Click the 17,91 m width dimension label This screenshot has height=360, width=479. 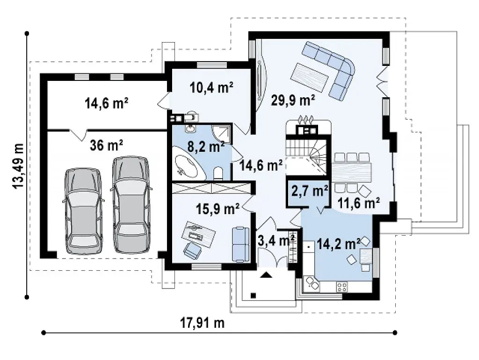point(202,323)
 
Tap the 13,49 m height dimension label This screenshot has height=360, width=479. point(18,166)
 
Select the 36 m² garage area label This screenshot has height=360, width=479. point(106,145)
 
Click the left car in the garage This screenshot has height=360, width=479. point(83,211)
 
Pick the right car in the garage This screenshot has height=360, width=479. point(131,205)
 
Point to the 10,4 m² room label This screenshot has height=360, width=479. point(211,87)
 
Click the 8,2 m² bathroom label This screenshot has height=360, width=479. point(206,147)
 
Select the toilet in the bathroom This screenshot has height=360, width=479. point(218,173)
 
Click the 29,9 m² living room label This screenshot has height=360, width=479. point(293,100)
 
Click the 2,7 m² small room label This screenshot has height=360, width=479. point(310,191)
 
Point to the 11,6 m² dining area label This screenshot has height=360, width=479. point(358,203)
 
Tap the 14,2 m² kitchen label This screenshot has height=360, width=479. point(338,244)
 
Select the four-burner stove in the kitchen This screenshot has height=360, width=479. point(342,287)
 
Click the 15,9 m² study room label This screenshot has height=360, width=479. point(218,209)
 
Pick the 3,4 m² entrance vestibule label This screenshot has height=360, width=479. point(276,240)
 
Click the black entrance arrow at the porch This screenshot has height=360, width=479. point(266,275)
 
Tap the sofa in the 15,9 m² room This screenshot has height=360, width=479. point(241,244)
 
